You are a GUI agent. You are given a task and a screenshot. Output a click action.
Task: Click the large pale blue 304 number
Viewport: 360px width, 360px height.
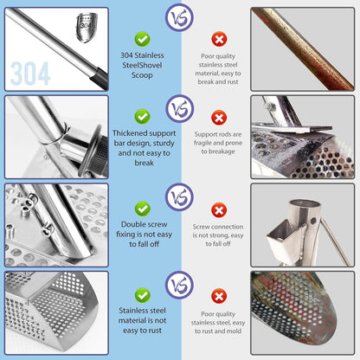(30, 74)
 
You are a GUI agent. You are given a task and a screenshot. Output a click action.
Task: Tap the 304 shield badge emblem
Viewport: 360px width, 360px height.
(87, 28)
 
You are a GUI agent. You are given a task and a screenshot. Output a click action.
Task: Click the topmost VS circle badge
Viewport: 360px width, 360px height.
(179, 17)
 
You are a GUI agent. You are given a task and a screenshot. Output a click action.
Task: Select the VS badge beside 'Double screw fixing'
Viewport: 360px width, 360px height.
(179, 197)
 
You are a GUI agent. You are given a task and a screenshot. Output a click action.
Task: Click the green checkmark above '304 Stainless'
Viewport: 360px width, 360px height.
(142, 39)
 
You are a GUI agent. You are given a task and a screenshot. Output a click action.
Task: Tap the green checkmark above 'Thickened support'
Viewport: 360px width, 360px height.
(142, 117)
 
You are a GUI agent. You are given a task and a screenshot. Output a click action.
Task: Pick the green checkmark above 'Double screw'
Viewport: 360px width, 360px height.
(142, 209)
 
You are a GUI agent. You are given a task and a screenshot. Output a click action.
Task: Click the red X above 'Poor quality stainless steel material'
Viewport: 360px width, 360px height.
(219, 39)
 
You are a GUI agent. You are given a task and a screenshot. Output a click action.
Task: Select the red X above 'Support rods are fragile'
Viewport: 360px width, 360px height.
(219, 118)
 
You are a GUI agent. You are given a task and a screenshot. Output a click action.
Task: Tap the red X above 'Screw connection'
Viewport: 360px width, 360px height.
(219, 210)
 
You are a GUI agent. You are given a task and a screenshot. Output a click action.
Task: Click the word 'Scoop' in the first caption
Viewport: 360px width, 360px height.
(142, 75)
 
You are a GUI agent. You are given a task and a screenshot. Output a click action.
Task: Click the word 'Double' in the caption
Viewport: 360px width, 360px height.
(132, 224)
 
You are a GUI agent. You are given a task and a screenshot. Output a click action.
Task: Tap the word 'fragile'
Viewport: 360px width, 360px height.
(202, 143)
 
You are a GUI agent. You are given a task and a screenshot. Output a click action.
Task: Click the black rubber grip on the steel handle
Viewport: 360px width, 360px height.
(100, 79)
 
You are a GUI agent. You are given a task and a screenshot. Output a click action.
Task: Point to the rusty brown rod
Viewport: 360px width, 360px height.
(303, 48)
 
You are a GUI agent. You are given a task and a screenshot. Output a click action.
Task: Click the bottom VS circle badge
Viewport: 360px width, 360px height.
(179, 286)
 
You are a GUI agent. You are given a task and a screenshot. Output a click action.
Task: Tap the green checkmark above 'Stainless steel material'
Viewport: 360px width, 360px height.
(142, 295)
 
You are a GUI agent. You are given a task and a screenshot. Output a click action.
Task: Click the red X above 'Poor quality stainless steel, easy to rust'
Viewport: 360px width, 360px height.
(219, 296)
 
